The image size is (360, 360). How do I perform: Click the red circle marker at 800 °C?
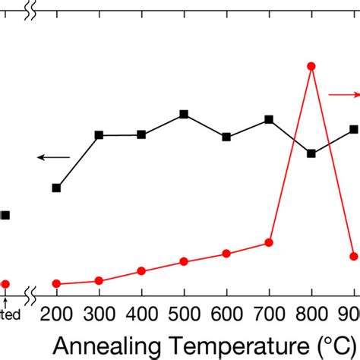coord(311,66)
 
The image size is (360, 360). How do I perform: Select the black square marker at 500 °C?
coord(184,115)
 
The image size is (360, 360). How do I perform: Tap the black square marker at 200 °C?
coord(56,188)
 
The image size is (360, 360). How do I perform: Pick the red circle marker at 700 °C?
coord(269,242)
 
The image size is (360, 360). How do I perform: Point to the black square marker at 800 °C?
coord(311,153)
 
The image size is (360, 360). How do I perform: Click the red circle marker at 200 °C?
coord(56,283)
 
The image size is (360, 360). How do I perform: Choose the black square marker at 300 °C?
coord(99,135)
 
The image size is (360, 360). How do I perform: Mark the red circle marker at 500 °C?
coord(184,262)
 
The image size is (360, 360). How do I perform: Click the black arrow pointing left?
coord(53,157)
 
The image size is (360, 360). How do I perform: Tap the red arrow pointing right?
coord(344,94)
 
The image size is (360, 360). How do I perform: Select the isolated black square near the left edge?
coord(5,215)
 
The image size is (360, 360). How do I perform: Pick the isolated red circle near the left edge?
coord(5,284)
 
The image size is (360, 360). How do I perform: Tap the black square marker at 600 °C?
coord(226,137)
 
